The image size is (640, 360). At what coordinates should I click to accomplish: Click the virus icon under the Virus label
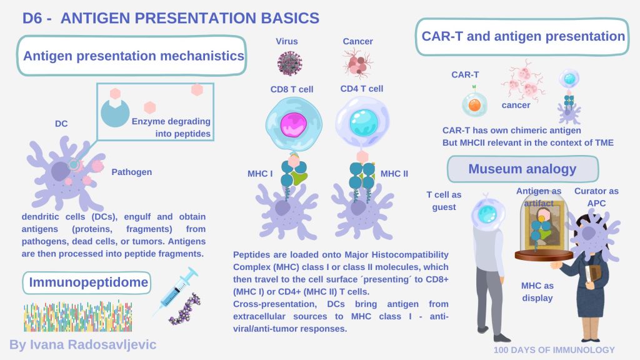(x=289, y=63)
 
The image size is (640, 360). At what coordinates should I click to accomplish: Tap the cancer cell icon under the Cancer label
(x=357, y=63)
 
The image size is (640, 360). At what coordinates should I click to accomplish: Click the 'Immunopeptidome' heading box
(x=87, y=283)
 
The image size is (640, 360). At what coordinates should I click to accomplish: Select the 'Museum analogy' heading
(x=522, y=169)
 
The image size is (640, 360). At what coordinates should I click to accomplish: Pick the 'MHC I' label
(x=258, y=173)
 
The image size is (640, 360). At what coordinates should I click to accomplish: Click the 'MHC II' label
(x=394, y=173)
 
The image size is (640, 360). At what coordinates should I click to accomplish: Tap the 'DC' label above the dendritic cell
(x=61, y=124)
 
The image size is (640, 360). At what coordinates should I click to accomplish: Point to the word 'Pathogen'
(x=132, y=172)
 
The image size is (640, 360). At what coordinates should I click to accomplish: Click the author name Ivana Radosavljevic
(x=82, y=344)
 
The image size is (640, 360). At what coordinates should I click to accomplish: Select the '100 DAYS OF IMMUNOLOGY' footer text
(x=554, y=350)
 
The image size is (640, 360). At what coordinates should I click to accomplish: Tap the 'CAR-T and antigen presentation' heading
(x=522, y=37)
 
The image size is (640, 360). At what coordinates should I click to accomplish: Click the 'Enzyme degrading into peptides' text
(x=171, y=127)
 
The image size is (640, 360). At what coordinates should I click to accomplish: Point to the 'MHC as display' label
(x=537, y=292)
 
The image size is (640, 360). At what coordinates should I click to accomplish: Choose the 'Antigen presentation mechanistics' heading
(x=133, y=56)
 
